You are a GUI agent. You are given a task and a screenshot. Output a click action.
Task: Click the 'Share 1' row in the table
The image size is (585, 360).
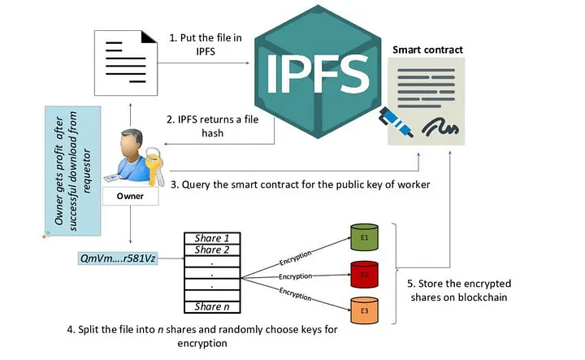coord(212,238)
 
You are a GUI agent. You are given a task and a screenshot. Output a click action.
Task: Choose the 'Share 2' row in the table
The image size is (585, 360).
coord(212,249)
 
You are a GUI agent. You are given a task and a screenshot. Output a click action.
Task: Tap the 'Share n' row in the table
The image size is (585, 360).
coord(212,306)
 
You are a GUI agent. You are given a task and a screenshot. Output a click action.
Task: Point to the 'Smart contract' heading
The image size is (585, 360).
coord(427,50)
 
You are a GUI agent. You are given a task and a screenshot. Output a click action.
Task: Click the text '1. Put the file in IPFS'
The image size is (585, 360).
coord(196,46)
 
